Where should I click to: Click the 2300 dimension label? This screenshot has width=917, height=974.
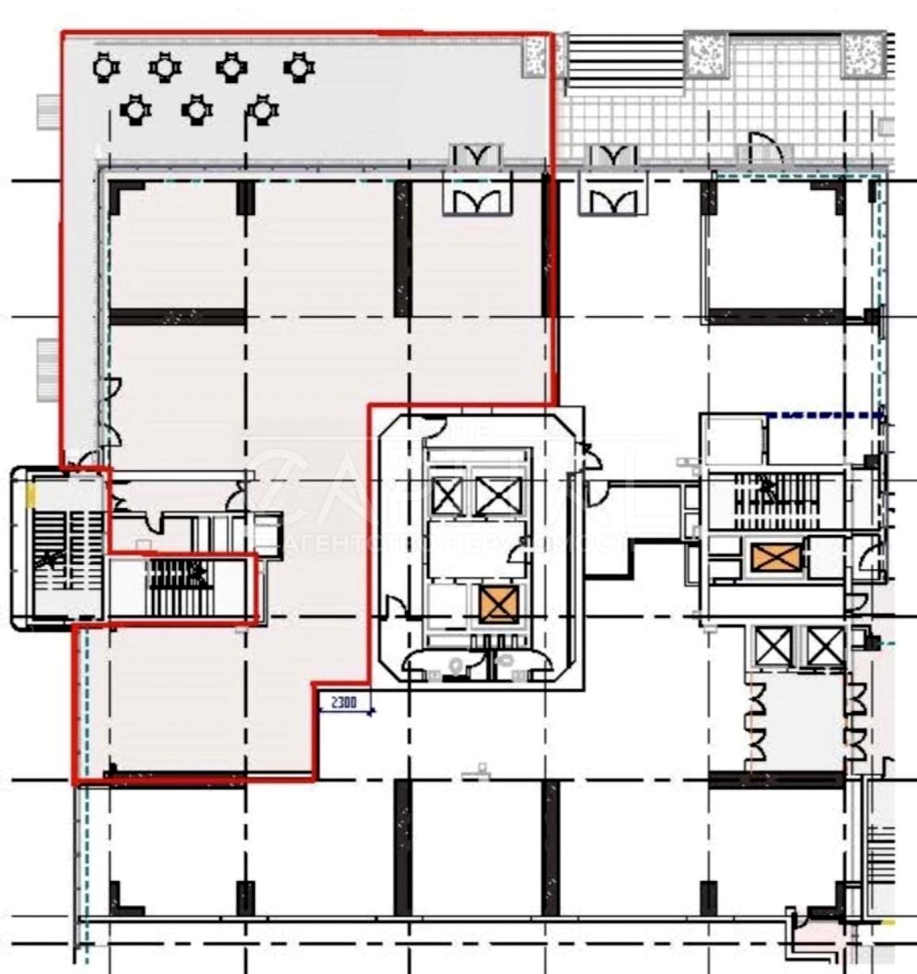(343, 703)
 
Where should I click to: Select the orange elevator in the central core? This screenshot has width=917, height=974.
(496, 605)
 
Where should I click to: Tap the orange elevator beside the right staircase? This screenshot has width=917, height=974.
(774, 558)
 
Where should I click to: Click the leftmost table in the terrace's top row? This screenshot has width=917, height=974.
(106, 67)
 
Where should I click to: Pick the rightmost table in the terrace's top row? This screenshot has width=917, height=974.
(299, 67)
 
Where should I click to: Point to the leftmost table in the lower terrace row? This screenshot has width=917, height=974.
(135, 108)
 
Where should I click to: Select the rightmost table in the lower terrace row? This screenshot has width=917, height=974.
(262, 108)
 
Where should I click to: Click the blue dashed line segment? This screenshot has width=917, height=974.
(824, 416)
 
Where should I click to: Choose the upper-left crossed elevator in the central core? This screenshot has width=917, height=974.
(447, 494)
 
